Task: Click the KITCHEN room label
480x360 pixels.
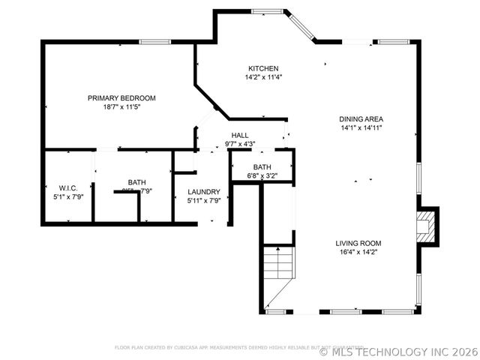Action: (263, 68)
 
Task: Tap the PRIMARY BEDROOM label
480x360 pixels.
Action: (121, 98)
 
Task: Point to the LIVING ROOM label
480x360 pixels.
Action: (358, 243)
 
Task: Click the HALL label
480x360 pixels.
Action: (240, 135)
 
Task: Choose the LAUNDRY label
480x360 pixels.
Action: (203, 192)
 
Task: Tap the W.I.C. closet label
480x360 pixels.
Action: (58, 187)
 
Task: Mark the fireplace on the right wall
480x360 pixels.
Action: (426, 226)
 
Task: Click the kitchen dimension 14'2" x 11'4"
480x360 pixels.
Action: (263, 77)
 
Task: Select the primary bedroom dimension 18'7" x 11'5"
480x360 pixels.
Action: (121, 107)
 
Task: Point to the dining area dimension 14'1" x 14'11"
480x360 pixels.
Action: (361, 128)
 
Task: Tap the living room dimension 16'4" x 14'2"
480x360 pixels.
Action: (358, 253)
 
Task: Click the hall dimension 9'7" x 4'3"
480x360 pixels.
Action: (240, 144)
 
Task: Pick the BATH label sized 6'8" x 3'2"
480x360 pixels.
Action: (262, 167)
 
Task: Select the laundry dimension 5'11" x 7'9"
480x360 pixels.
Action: (203, 201)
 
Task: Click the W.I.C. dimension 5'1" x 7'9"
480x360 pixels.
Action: (58, 196)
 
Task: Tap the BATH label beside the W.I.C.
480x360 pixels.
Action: (136, 182)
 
